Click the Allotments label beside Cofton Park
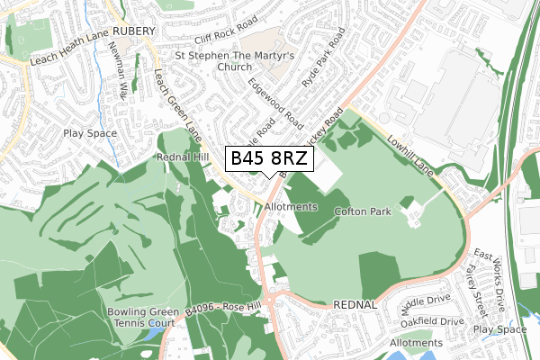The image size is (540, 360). [x=292, y=207]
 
